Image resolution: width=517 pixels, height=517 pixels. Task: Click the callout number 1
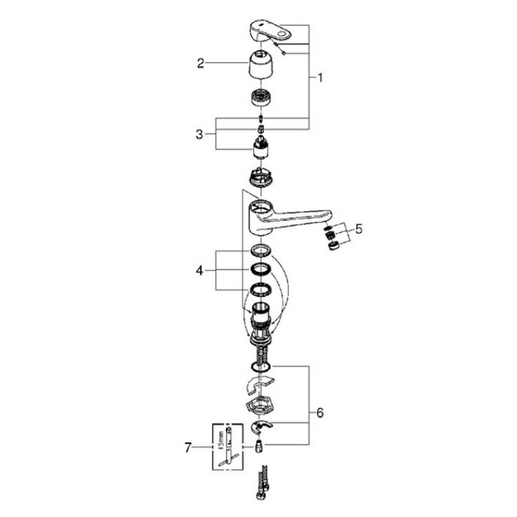click(x=320, y=77)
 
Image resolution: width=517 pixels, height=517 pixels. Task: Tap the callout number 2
click(x=200, y=64)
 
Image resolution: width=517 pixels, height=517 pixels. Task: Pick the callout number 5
click(x=359, y=228)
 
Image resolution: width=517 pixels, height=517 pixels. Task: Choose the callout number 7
click(x=190, y=446)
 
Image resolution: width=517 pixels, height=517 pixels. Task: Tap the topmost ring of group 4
click(x=260, y=250)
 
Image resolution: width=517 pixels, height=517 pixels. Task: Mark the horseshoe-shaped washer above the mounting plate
click(x=258, y=384)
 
